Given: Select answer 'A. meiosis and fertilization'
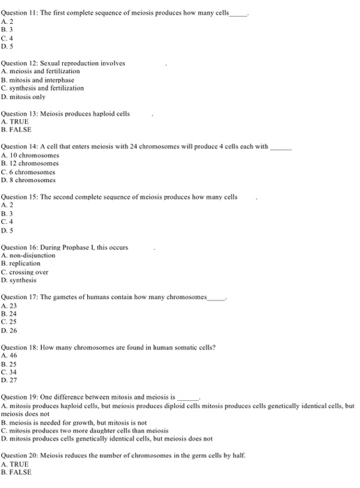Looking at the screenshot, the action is point(41,71).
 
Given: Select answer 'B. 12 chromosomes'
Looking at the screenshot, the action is point(32,162).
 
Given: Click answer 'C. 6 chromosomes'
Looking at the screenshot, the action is point(30,171).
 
